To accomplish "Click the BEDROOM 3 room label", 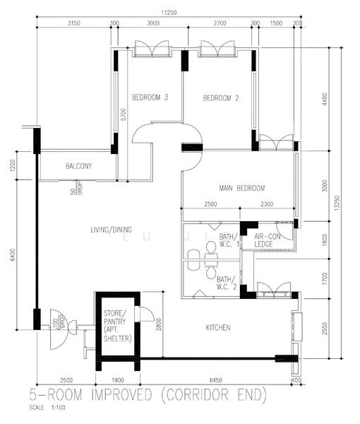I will click(150, 98).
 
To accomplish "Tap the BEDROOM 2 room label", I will click(221, 98).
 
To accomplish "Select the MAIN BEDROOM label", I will click(241, 188).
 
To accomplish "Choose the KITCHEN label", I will click(218, 327).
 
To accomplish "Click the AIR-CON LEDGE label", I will click(268, 241).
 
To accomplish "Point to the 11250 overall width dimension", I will click(168, 12).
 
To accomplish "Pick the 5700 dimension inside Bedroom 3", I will click(124, 114).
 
